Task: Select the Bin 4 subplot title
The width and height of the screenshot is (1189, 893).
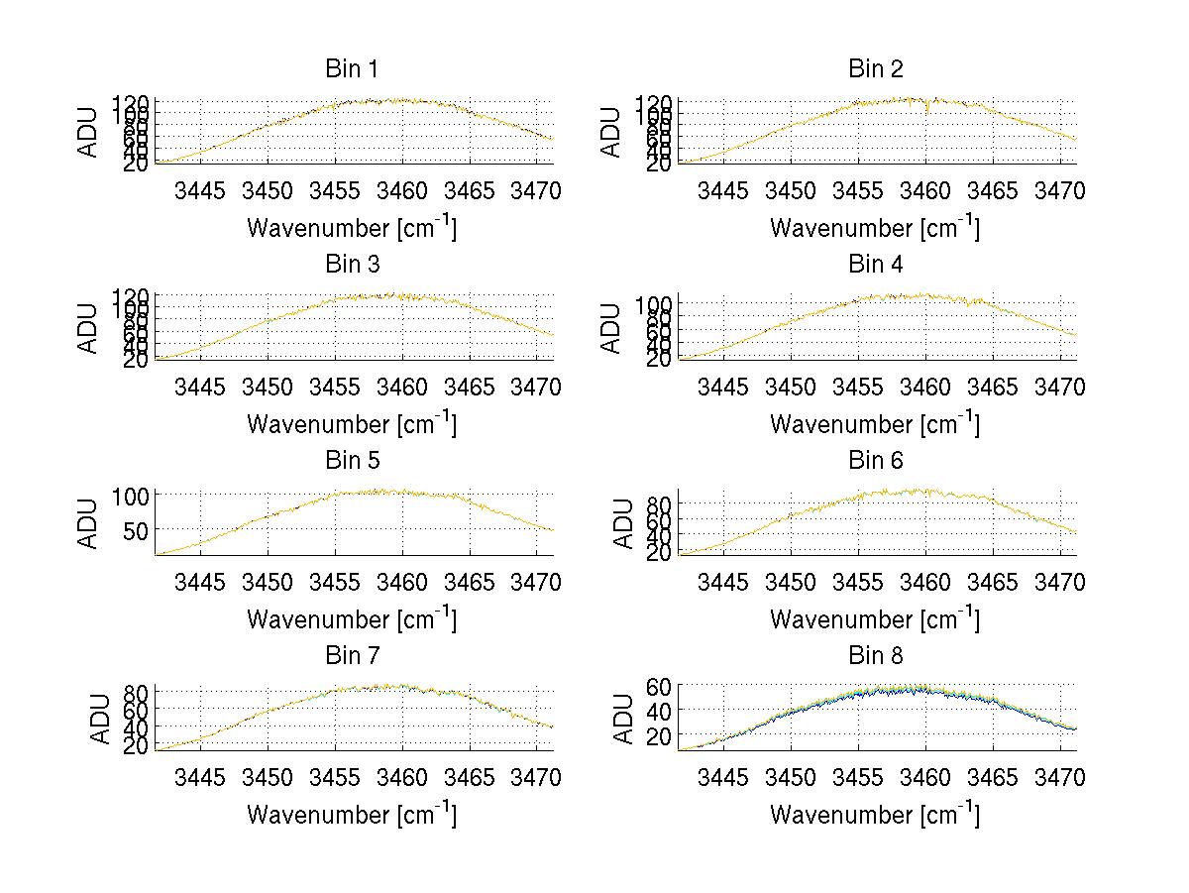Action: [876, 265]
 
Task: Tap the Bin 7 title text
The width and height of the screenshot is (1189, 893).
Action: [352, 656]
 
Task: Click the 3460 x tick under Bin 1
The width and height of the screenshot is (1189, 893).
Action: [402, 190]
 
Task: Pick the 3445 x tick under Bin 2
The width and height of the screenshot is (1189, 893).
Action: [723, 190]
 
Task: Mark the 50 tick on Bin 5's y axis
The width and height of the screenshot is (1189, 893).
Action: [137, 530]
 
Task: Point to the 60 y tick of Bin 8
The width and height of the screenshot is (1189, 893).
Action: [660, 686]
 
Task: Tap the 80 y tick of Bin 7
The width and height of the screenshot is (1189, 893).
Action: [137, 692]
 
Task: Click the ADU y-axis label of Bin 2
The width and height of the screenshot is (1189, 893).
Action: [611, 132]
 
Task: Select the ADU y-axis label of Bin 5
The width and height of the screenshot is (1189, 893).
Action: [88, 523]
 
